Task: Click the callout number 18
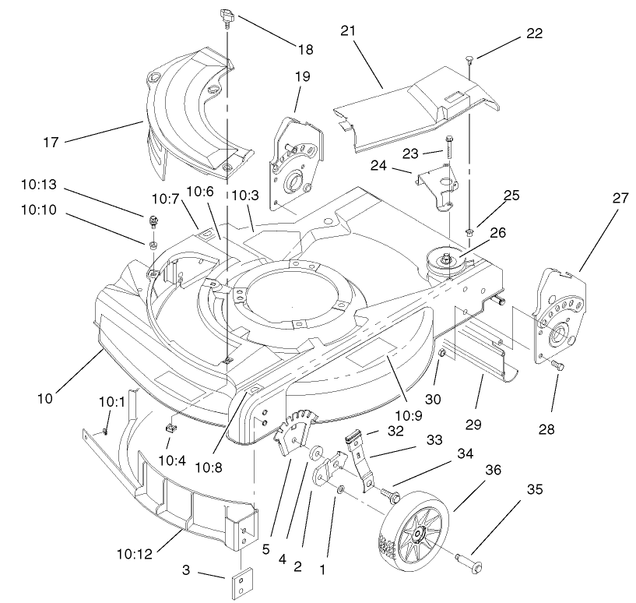305,49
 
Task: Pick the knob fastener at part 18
227,15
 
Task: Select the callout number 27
621,199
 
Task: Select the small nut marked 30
441,354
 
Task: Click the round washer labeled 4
317,453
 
